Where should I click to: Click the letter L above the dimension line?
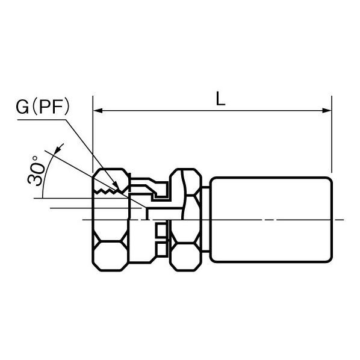220,99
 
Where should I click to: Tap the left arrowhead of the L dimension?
98,111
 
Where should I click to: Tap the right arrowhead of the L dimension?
326,111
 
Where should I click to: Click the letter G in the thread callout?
22,107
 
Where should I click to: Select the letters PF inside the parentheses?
51,107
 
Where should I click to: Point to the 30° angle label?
35,170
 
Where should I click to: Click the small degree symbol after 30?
35,158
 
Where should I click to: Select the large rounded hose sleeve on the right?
271,220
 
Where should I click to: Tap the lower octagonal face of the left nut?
111,256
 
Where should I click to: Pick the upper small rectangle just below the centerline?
161,231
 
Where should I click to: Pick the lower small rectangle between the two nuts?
162,249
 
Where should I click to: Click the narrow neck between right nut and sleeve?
205,220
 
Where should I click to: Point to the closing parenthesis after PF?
67,107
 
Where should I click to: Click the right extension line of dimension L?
332,134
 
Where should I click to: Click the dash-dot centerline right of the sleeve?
338,220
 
